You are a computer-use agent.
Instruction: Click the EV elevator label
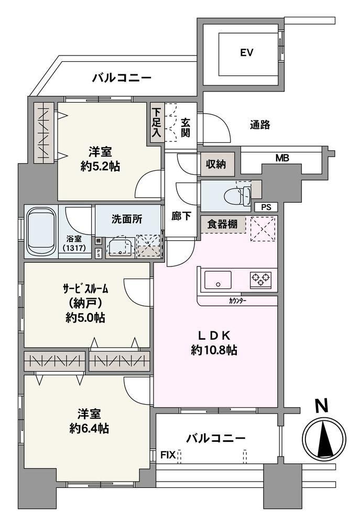point(246,52)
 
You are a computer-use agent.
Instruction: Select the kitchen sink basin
point(218,280)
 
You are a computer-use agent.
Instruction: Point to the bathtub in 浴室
point(41,232)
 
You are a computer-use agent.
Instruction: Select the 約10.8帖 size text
point(214,350)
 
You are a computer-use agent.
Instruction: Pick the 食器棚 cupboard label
point(222,224)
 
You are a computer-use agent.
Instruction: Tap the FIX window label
point(168,455)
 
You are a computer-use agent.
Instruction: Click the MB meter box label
point(282,158)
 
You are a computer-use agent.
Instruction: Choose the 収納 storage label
point(216,164)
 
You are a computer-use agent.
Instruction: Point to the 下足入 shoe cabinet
point(156,123)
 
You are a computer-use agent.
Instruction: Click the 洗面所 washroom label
point(127,219)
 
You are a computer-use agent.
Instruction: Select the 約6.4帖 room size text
point(89,428)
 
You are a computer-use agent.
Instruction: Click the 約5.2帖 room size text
point(100,166)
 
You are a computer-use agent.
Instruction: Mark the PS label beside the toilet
point(266,207)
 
